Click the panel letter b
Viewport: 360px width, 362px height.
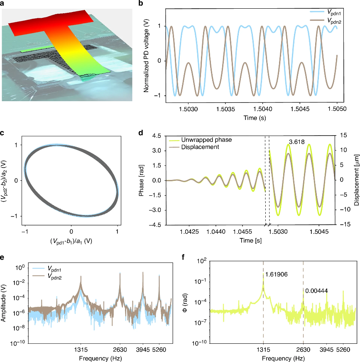point(141,3)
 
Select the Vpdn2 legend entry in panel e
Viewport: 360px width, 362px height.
point(47,276)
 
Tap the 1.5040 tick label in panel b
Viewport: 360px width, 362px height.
point(263,109)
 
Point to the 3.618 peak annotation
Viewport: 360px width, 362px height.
point(296,142)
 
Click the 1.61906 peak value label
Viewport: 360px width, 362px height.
point(276,274)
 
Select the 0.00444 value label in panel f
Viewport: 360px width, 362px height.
point(316,291)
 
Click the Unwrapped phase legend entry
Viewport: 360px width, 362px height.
point(200,140)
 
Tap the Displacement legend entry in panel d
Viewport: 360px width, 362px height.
point(194,147)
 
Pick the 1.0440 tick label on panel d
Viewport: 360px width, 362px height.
point(216,231)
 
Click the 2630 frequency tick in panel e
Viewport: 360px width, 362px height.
point(120,350)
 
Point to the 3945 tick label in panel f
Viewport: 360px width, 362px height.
point(326,350)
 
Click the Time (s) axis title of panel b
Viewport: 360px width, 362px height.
point(255,118)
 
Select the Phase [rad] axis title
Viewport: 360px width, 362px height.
point(141,180)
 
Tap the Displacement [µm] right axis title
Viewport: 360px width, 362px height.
point(357,180)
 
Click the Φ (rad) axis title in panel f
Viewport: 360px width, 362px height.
point(185,303)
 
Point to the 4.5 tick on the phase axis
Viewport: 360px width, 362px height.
point(157,136)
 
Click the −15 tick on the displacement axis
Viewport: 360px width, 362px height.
point(345,224)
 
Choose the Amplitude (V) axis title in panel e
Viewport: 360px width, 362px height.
point(3,303)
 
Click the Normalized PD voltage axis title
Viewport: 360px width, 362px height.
point(146,56)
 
